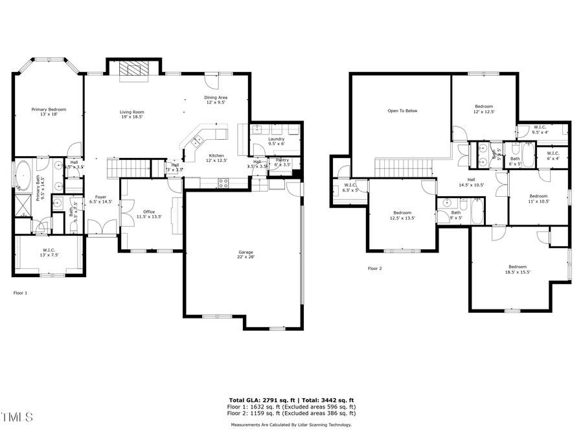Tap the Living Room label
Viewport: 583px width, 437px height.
131,114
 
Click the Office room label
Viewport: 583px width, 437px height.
149,214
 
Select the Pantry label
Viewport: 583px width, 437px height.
282,162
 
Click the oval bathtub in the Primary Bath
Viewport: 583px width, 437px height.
24,175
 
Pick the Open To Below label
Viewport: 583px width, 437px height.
402,111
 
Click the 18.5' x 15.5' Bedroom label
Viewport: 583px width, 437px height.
517,269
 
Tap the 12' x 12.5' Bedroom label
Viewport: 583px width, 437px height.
484,109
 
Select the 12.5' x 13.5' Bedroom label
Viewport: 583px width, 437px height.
402,215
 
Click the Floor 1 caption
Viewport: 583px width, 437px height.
21,293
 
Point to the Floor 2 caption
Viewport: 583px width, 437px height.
375,268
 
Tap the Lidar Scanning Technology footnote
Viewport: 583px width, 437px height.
291,425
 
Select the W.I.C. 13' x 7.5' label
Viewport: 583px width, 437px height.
49,252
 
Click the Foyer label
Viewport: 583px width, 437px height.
100,199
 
